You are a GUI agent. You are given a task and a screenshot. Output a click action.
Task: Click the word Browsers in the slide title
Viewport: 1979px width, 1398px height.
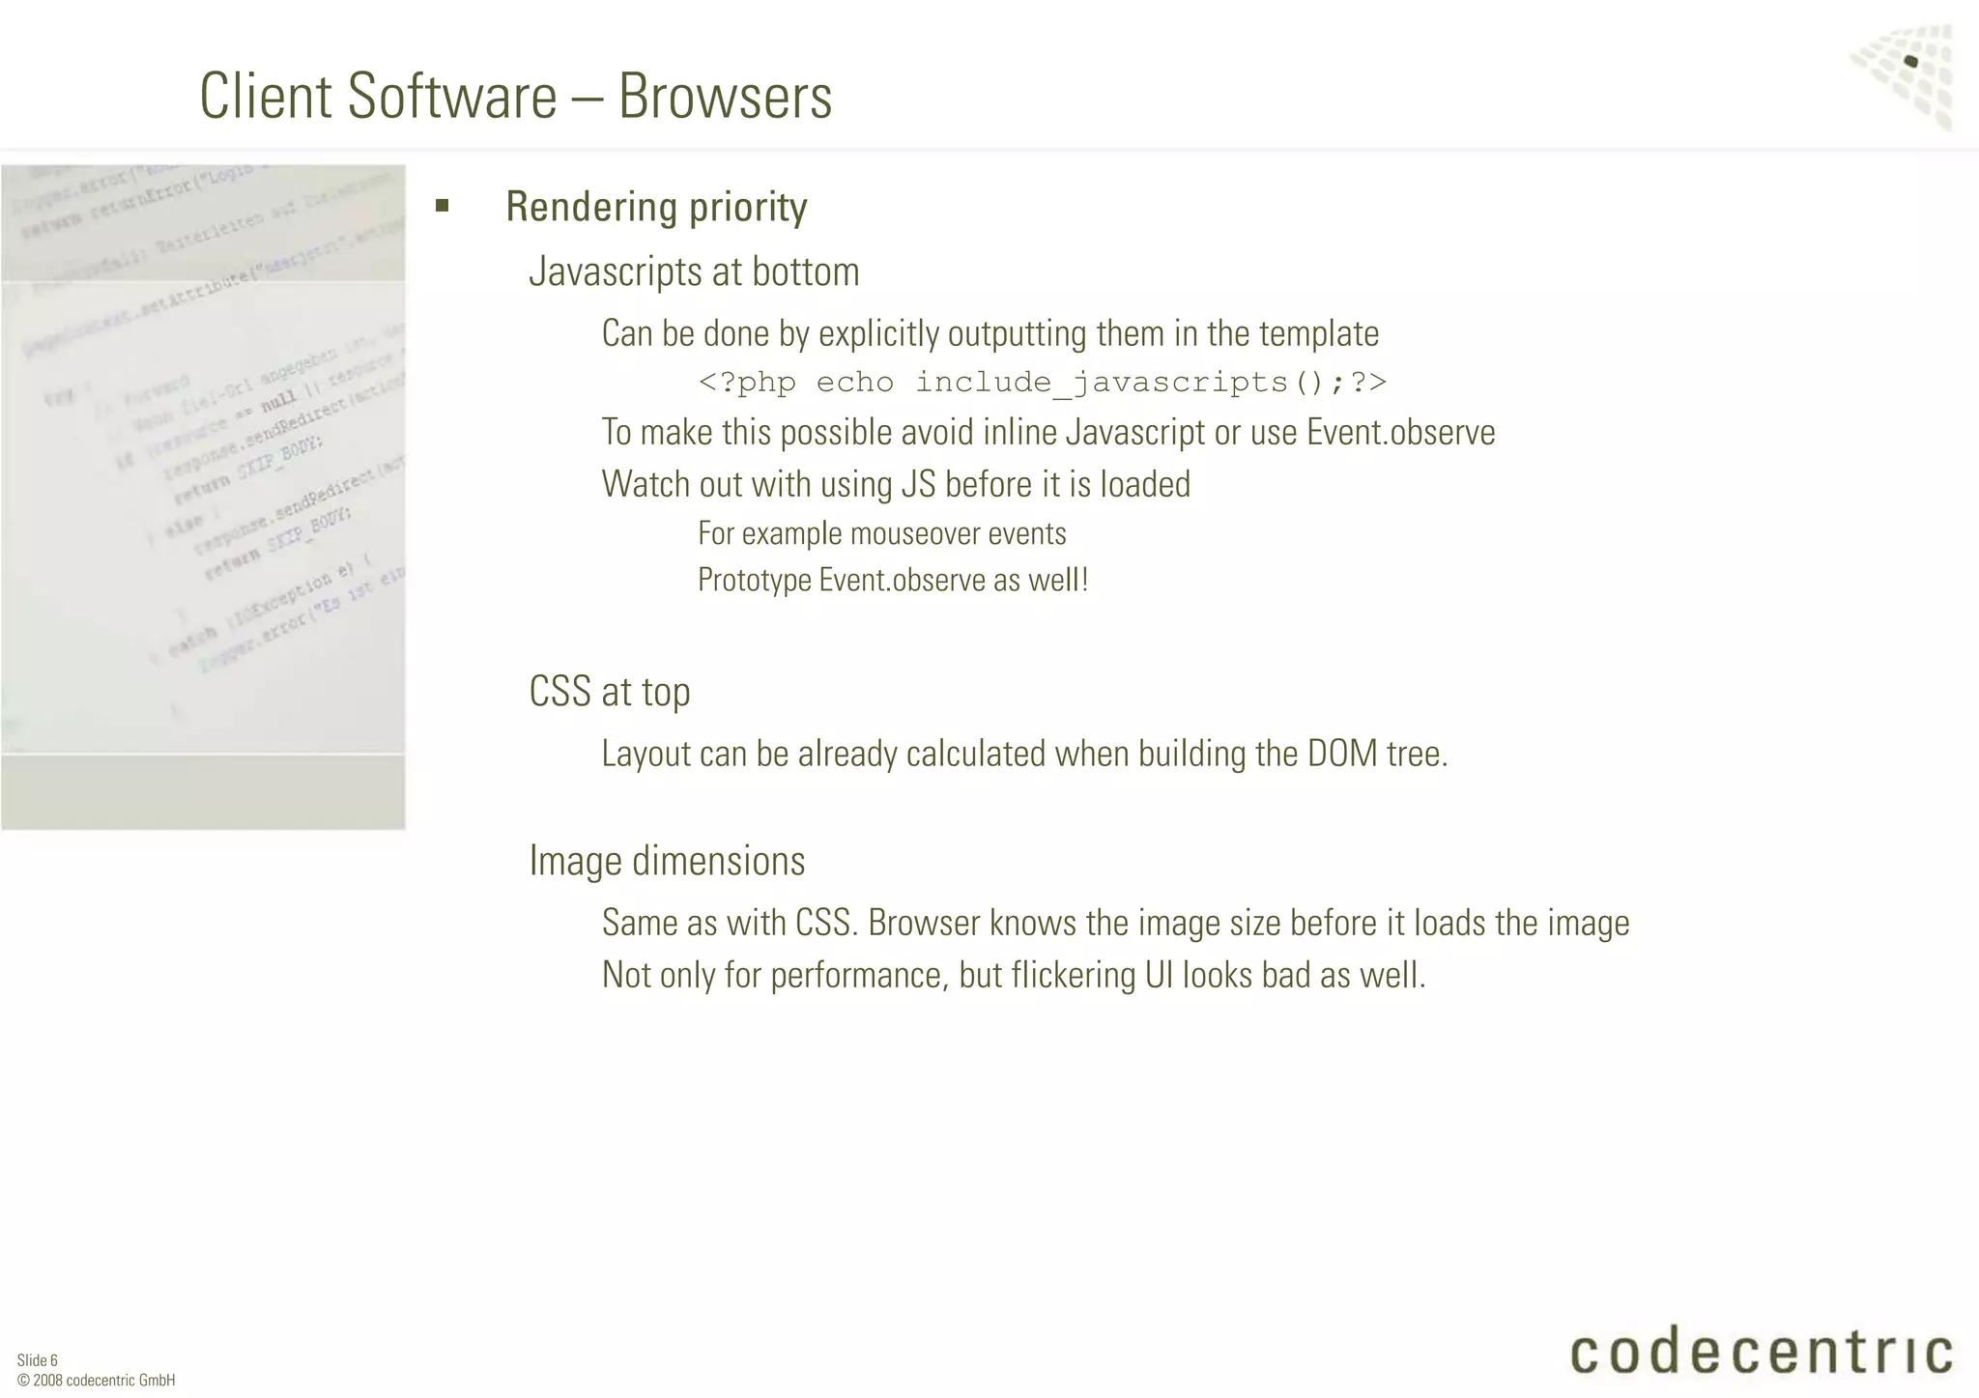(x=725, y=97)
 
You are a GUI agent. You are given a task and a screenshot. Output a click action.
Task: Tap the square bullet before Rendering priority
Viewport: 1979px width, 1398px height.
(x=443, y=205)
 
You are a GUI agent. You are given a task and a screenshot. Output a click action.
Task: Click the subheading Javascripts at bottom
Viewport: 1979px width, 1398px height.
(x=694, y=272)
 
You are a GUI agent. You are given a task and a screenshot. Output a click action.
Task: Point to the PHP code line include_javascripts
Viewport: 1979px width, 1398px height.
(x=1042, y=383)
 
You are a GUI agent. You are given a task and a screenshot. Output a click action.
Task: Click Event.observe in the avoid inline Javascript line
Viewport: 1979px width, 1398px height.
(x=1400, y=432)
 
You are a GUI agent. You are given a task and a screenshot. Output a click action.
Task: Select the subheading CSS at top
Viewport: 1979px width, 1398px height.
(x=610, y=692)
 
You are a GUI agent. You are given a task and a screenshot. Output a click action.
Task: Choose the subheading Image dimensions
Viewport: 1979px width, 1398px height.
(x=667, y=861)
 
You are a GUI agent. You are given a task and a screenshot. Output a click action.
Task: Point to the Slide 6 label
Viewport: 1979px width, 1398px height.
(x=38, y=1360)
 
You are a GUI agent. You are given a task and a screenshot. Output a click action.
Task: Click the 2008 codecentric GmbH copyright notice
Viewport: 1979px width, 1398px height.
(x=97, y=1381)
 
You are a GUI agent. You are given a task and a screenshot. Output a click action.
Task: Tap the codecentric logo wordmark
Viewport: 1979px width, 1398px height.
(x=1761, y=1352)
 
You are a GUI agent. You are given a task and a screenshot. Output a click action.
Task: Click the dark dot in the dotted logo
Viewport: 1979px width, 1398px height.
(x=1910, y=62)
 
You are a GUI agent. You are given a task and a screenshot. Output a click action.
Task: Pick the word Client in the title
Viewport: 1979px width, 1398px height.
(x=266, y=97)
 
